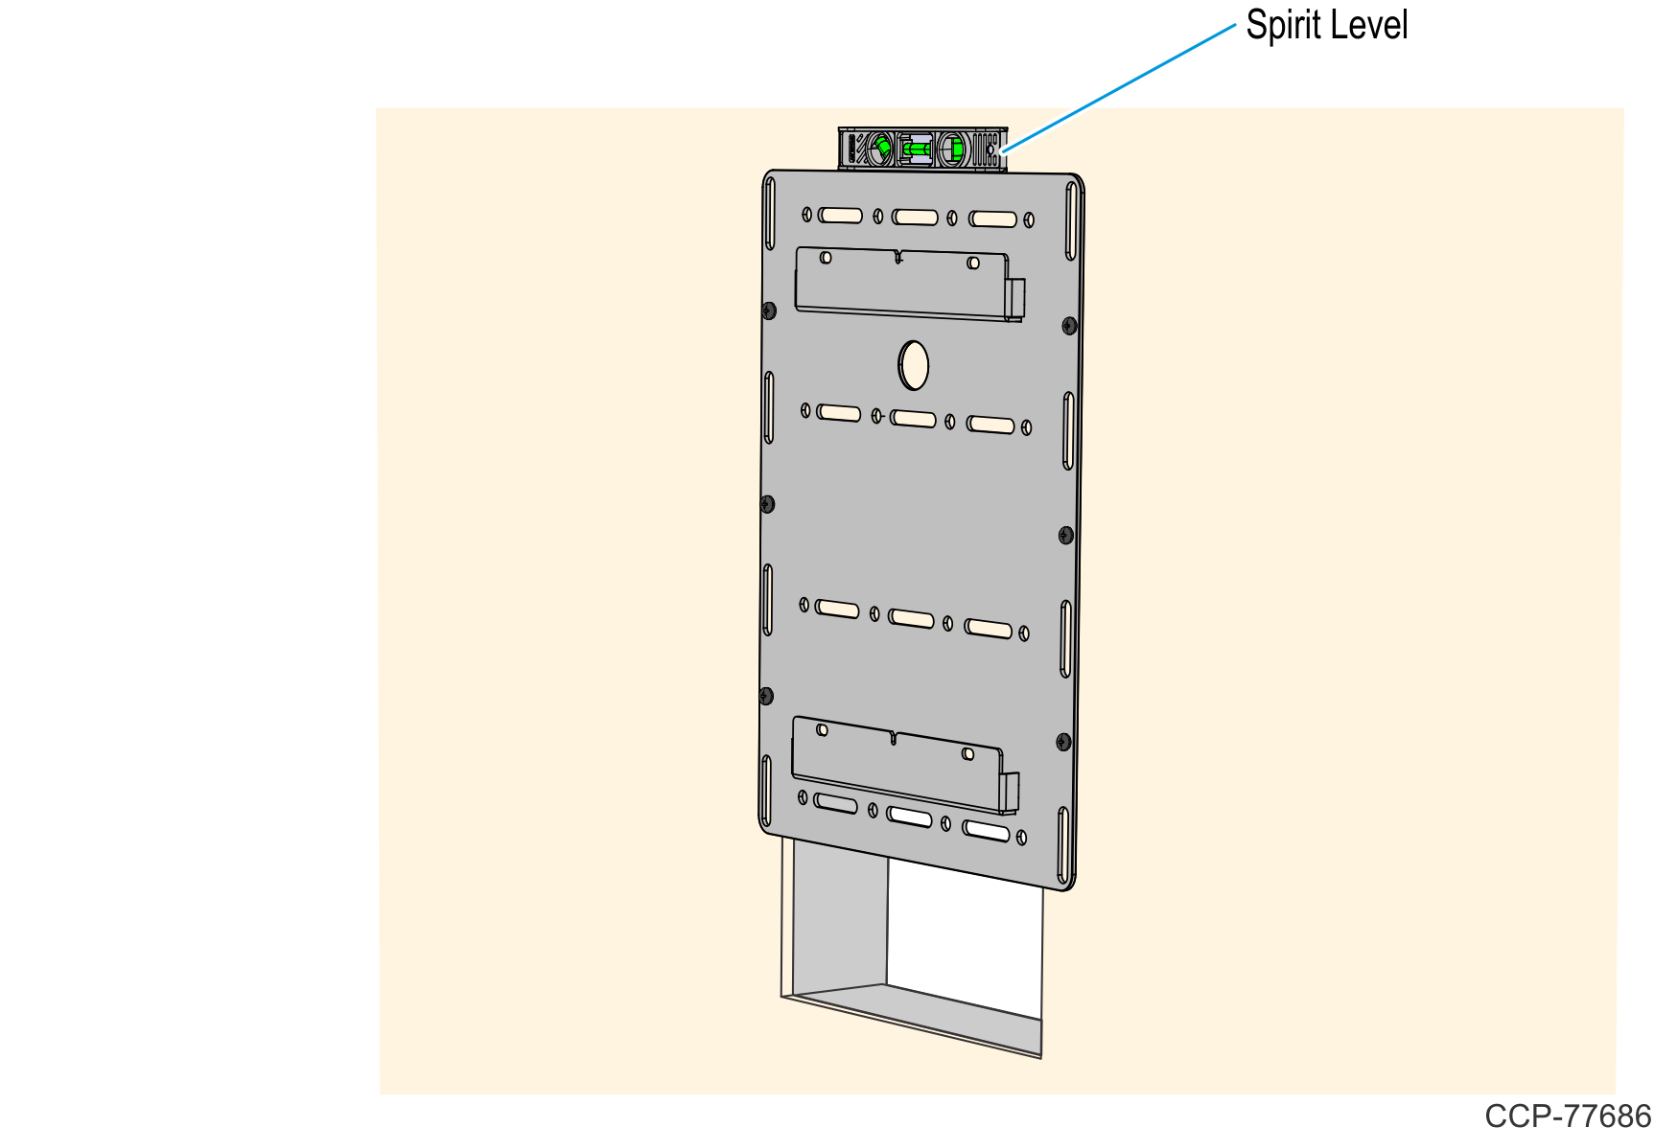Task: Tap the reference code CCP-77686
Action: (1568, 1116)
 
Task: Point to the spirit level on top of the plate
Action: (922, 149)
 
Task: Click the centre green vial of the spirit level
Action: (918, 149)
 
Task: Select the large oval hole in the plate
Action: (914, 365)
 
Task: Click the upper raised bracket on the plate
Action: (910, 284)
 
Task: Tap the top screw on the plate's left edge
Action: (769, 311)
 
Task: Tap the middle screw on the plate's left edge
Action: (767, 504)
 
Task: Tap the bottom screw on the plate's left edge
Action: (765, 696)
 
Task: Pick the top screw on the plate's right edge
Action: (1070, 327)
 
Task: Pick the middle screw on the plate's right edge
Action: (1066, 535)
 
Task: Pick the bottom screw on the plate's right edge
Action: (1063, 742)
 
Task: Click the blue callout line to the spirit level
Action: (1118, 87)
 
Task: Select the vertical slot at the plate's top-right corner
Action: (1071, 221)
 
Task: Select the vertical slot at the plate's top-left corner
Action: (769, 213)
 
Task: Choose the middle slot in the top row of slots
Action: (916, 218)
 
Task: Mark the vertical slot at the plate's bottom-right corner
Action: (1063, 845)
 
